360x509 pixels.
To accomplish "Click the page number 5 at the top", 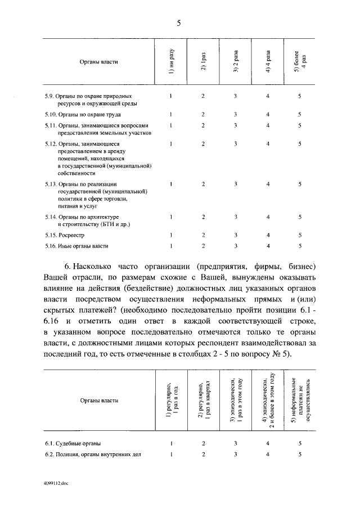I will [x=179, y=23].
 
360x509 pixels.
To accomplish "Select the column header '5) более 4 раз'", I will [x=300, y=60].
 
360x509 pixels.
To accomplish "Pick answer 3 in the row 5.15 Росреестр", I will [x=236, y=235].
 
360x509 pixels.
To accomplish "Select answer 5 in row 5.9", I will [x=300, y=96].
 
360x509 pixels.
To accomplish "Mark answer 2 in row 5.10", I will [x=203, y=114].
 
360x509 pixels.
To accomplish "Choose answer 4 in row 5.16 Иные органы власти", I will [x=268, y=246].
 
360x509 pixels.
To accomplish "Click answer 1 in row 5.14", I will [x=170, y=217].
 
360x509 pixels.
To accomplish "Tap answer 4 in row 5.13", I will [x=268, y=184].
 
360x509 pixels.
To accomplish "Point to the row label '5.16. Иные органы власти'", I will [x=76, y=246].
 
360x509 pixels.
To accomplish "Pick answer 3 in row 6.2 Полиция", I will [x=236, y=454].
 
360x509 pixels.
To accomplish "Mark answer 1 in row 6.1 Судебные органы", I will [x=170, y=444].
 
